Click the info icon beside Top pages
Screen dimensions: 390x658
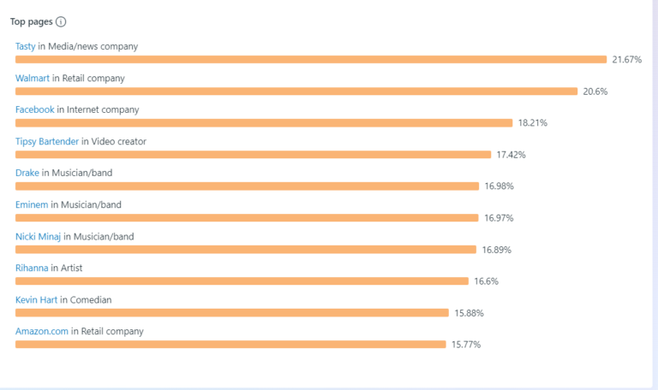click(x=61, y=22)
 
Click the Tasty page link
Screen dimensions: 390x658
click(x=26, y=46)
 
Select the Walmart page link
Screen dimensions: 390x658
click(x=33, y=78)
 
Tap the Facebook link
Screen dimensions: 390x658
click(x=35, y=109)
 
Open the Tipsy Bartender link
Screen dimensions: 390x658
click(x=47, y=141)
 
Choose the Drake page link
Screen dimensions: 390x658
click(x=27, y=173)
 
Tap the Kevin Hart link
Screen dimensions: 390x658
click(x=37, y=299)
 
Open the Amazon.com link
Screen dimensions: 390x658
click(x=42, y=331)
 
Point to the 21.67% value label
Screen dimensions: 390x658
click(x=626, y=60)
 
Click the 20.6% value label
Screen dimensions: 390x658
click(x=595, y=92)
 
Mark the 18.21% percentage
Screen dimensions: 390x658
click(x=532, y=123)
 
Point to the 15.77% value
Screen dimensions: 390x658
click(x=466, y=345)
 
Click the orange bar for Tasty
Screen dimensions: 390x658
click(x=311, y=60)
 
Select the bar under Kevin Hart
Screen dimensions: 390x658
click(x=231, y=313)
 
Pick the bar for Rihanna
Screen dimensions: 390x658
click(x=242, y=281)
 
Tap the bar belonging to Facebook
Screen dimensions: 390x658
click(x=264, y=123)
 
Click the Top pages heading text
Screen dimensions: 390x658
click(x=31, y=22)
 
